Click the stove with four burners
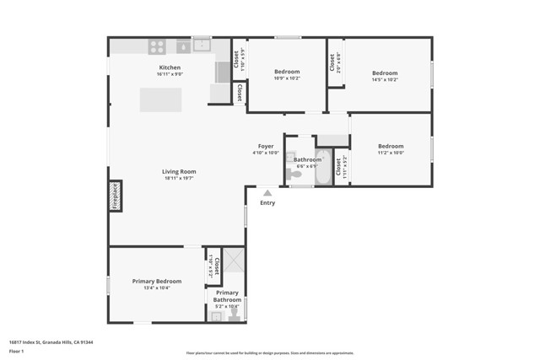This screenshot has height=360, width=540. (157, 47)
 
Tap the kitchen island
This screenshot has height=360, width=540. (160, 100)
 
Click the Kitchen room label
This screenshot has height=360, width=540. (170, 67)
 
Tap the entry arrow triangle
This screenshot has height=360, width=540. (267, 193)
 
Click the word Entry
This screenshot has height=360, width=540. (267, 202)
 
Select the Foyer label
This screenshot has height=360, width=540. (266, 146)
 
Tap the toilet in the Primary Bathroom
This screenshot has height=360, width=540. (235, 314)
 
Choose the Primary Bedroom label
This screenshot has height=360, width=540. (156, 281)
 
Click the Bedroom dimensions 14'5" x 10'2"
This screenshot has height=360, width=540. (385, 80)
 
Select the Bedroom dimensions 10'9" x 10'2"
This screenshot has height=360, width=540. (287, 79)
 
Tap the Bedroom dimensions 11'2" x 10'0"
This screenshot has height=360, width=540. (390, 153)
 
